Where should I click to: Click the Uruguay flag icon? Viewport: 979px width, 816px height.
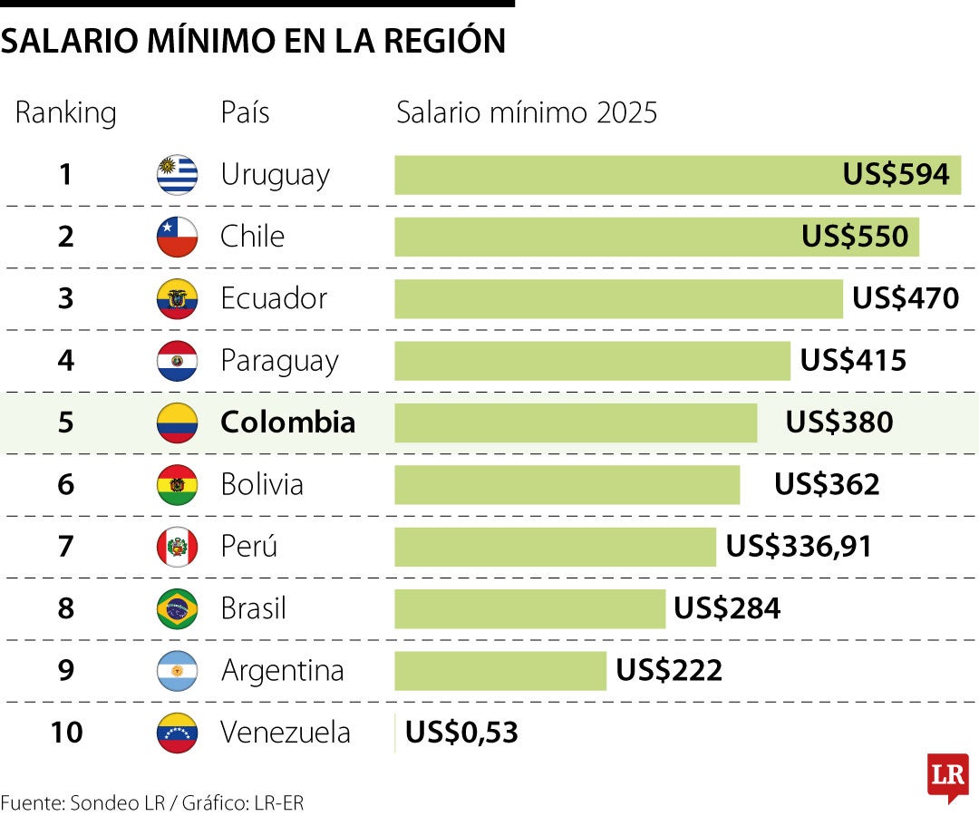(x=177, y=174)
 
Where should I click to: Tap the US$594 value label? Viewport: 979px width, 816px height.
(x=896, y=174)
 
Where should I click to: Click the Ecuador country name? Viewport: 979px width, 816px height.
(x=274, y=298)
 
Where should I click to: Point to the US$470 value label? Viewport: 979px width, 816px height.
(x=906, y=298)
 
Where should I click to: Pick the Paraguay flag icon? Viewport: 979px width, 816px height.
(x=177, y=361)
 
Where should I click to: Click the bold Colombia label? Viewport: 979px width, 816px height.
(x=287, y=423)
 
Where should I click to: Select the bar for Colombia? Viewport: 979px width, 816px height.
(x=575, y=423)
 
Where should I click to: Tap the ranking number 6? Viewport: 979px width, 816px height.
(x=65, y=484)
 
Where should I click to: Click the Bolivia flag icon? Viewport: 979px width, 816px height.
(x=177, y=484)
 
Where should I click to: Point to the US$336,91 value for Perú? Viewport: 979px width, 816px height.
(x=799, y=547)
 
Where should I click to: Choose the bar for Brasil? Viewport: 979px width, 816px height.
(x=529, y=608)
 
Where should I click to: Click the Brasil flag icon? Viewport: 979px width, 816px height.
(x=177, y=608)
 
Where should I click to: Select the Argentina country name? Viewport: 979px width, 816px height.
(x=282, y=671)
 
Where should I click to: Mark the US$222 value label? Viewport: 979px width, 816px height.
(x=669, y=671)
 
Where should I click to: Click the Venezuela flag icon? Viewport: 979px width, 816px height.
(x=177, y=733)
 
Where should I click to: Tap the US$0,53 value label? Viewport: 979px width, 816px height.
(x=461, y=733)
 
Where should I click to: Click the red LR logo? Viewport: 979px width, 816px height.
(x=947, y=776)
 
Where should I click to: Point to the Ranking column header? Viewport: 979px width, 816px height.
(x=65, y=113)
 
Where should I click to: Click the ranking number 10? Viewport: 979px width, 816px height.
(x=65, y=733)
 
